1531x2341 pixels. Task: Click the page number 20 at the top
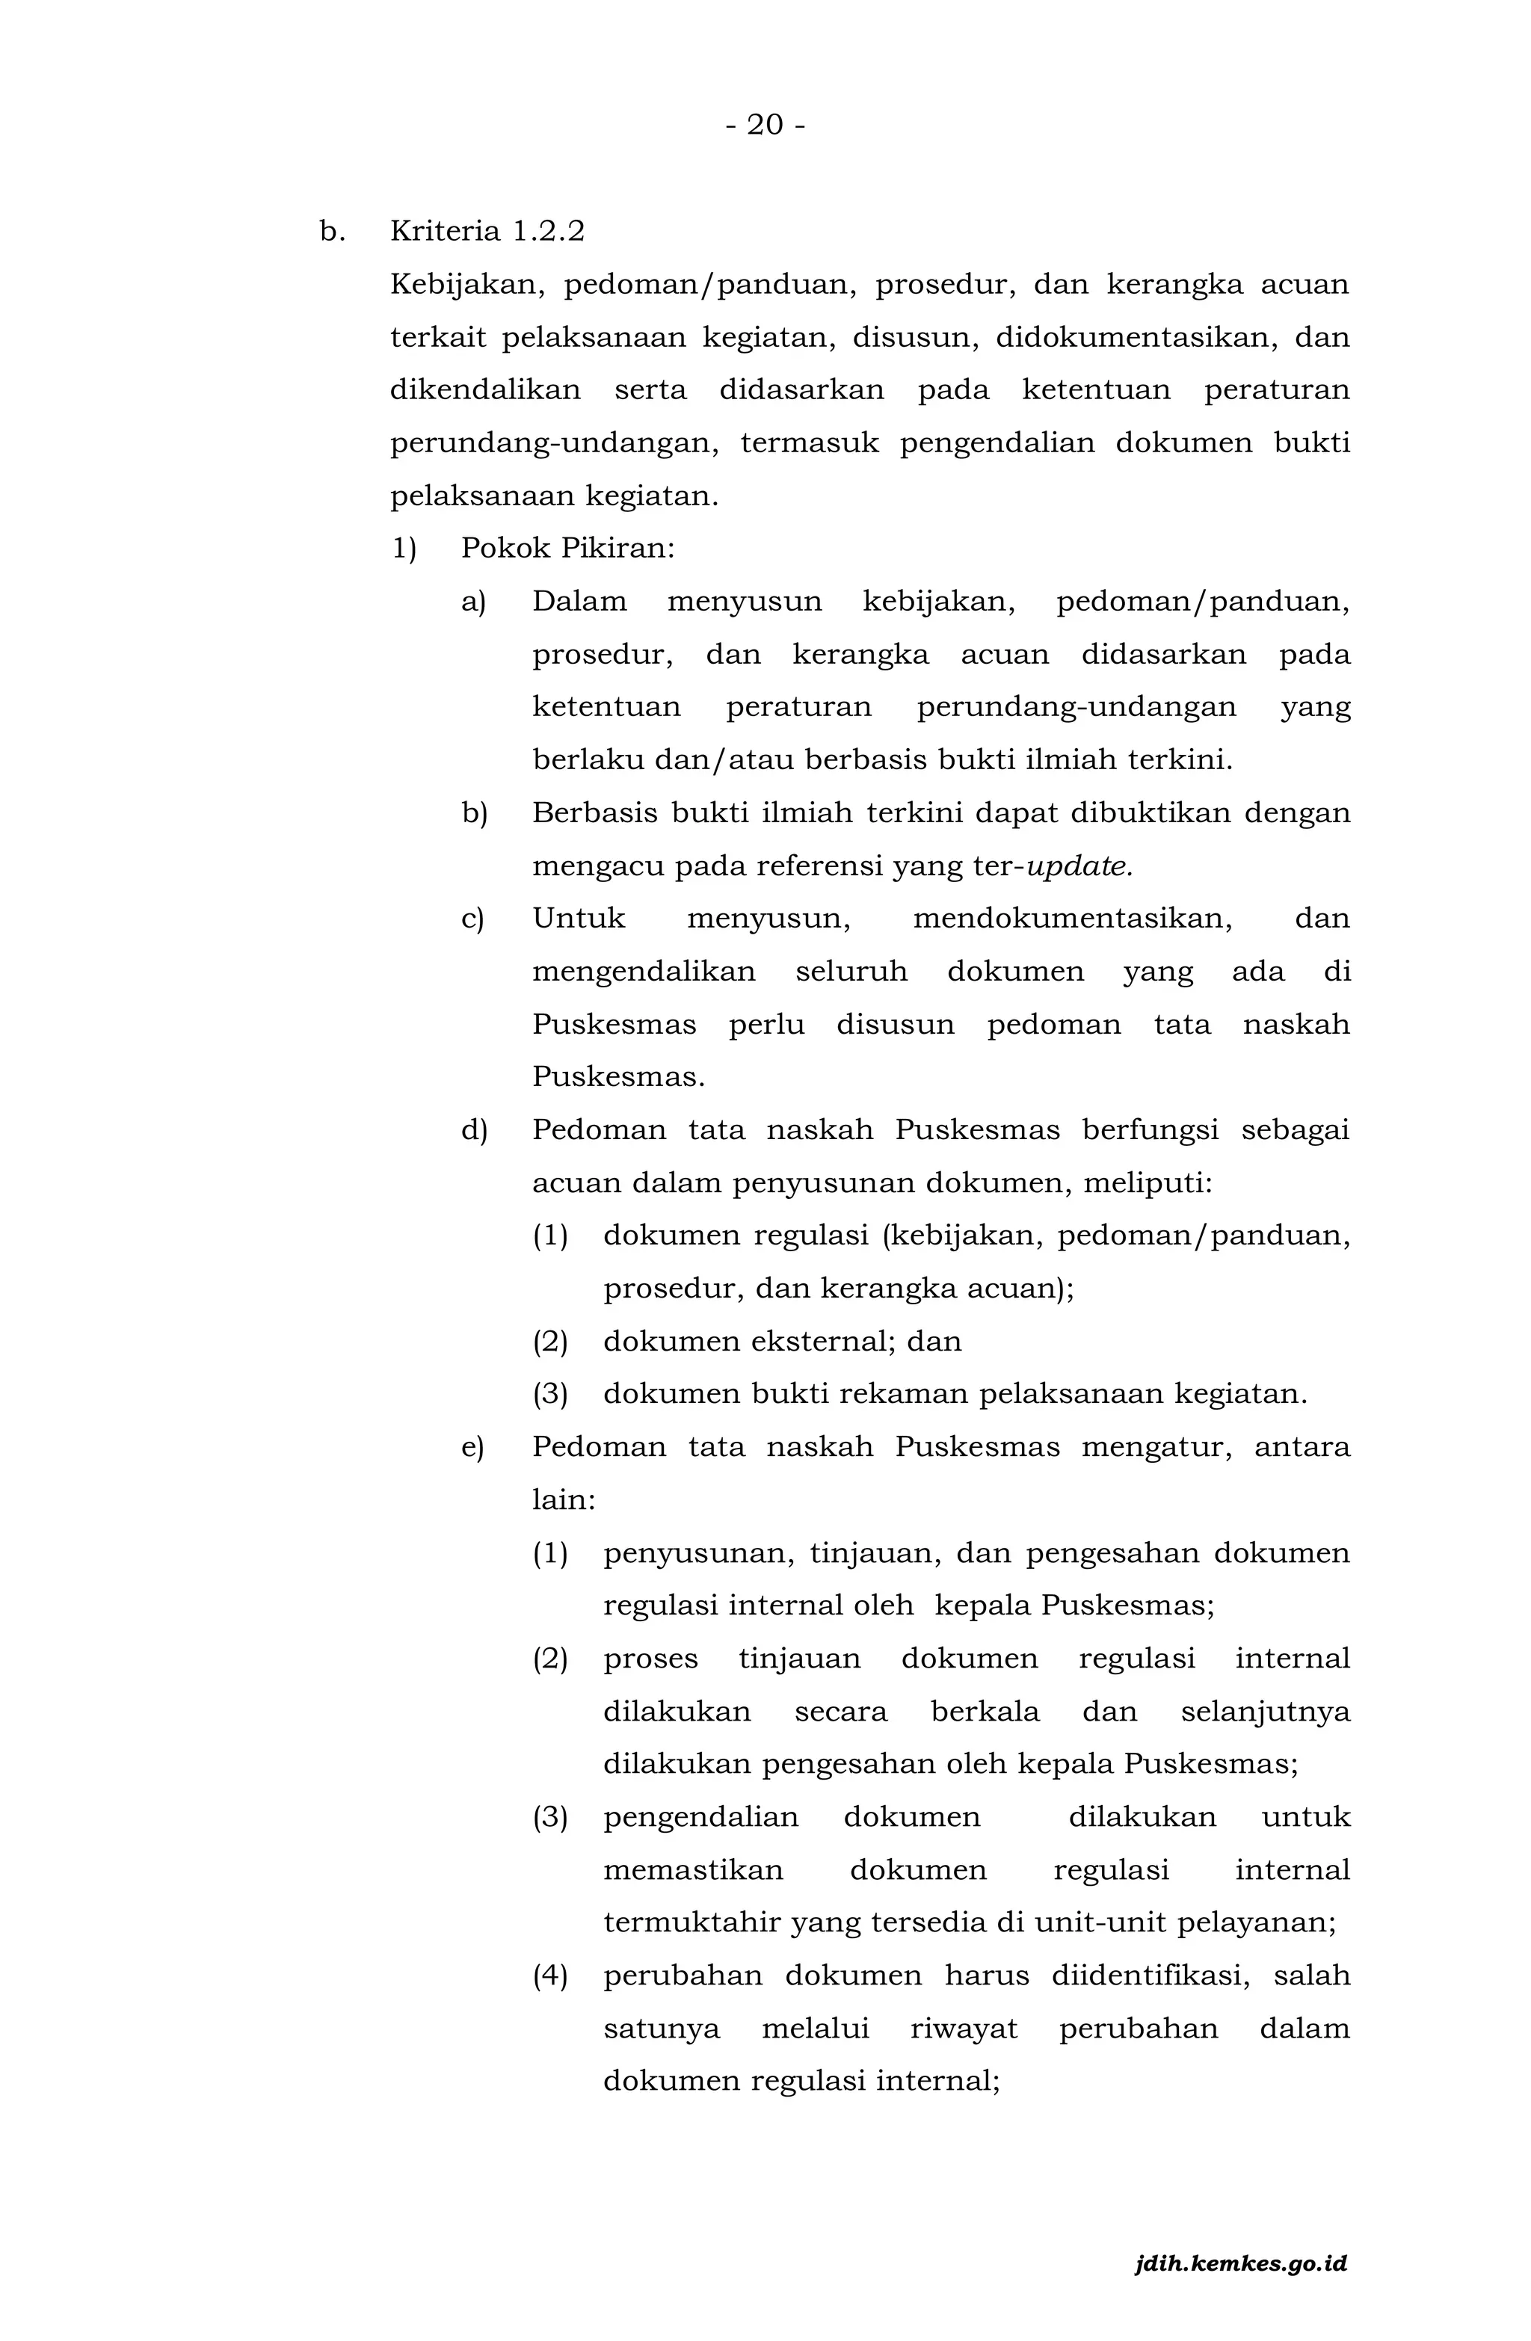[765, 125]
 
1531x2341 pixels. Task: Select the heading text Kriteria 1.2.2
[487, 231]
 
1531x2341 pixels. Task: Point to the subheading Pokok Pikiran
[567, 548]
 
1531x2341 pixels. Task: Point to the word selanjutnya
[1266, 1712]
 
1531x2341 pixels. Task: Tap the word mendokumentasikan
[1073, 919]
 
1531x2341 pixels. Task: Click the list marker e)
[472, 1447]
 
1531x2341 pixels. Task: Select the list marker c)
[472, 919]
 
